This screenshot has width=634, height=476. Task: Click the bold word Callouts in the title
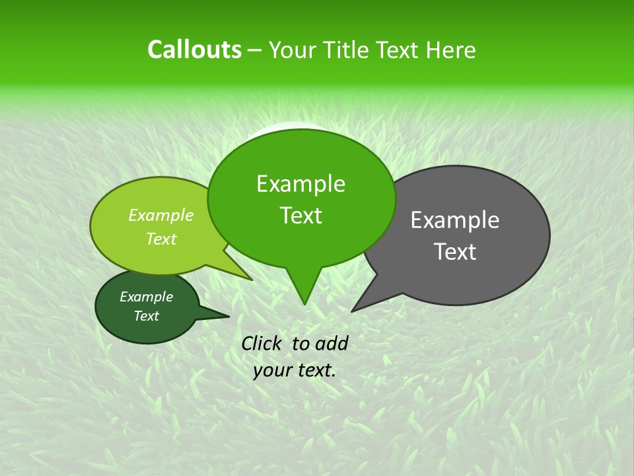194,50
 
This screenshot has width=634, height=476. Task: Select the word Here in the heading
451,50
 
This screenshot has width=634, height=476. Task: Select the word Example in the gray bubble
455,220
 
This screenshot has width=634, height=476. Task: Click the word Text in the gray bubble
455,252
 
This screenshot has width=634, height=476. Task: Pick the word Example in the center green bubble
301,184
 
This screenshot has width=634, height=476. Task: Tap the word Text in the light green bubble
161,239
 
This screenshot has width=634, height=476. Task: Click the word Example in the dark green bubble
147,297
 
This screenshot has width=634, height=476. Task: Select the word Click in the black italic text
262,343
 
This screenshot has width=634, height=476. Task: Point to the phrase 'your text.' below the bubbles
295,370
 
